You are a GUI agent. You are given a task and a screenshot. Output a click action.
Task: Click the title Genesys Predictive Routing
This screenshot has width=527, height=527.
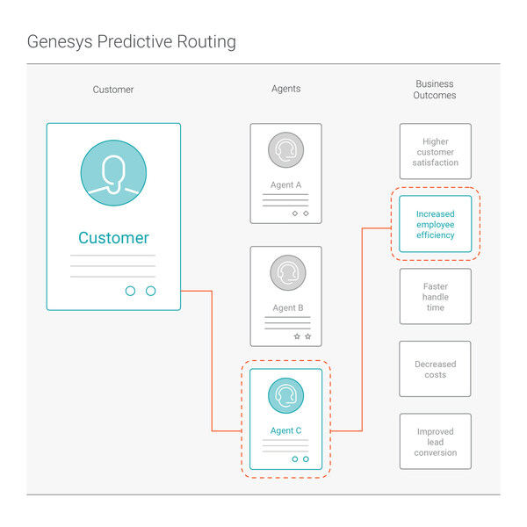tap(131, 41)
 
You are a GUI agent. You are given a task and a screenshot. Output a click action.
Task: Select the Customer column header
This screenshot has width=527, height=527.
tap(113, 90)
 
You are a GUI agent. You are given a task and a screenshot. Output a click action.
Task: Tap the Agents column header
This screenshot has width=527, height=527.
tap(285, 89)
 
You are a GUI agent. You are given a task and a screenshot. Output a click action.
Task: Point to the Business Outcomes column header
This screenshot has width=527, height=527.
tap(435, 90)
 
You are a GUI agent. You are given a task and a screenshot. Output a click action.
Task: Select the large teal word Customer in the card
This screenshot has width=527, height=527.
tap(113, 238)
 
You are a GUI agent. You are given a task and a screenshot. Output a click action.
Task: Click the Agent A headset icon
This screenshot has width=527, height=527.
tap(285, 150)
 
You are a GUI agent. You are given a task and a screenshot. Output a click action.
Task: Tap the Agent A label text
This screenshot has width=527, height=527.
tap(285, 185)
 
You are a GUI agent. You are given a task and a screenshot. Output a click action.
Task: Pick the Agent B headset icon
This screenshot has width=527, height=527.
tap(285, 273)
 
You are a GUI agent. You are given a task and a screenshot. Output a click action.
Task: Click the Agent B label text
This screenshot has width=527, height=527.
tap(285, 308)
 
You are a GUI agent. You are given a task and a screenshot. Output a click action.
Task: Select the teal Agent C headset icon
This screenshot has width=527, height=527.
tap(285, 396)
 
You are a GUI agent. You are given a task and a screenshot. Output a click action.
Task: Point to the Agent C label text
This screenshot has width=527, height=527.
tap(285, 430)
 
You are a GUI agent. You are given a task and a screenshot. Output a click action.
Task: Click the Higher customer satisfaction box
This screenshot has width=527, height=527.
tap(435, 152)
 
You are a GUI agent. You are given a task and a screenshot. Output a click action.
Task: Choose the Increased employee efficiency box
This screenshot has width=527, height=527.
tap(435, 224)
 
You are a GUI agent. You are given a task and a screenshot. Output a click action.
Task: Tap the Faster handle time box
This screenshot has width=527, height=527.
tap(435, 297)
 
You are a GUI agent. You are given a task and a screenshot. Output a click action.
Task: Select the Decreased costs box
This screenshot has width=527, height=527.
tap(435, 370)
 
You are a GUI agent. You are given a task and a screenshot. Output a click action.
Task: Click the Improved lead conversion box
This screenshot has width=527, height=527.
tap(435, 442)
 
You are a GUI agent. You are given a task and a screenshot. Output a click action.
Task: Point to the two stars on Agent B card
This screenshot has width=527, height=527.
tap(301, 336)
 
